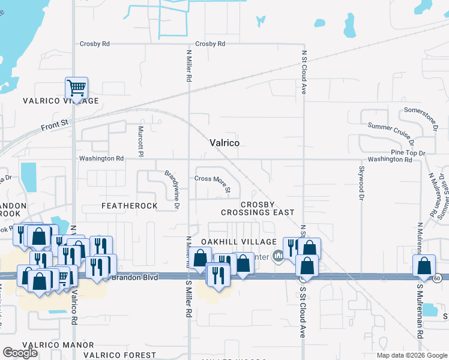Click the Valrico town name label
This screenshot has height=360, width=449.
click(x=225, y=143)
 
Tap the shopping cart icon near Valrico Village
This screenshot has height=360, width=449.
click(x=76, y=88)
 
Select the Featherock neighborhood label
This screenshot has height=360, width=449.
click(x=129, y=206)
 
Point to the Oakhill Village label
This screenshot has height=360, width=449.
click(x=231, y=241)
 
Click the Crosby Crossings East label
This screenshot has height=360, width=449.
click(x=258, y=208)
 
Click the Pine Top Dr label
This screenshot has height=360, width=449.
click(x=408, y=153)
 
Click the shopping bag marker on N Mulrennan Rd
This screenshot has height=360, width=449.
click(x=424, y=266)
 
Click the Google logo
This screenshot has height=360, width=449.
click(x=20, y=353)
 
